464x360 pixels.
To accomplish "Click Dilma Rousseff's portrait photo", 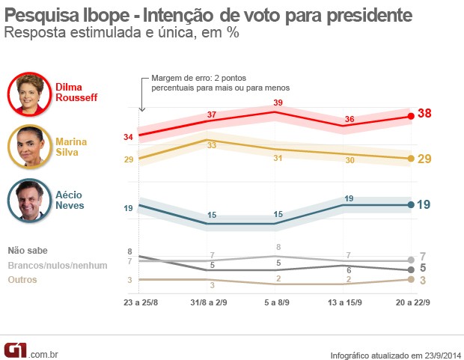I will (31, 95).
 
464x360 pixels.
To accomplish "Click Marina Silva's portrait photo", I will (31, 147).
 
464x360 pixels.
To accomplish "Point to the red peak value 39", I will (277, 102).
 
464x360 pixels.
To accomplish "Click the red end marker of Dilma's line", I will (411, 116).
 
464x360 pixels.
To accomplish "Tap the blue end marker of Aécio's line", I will (411, 204).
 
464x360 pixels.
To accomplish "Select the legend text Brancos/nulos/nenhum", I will (58, 265).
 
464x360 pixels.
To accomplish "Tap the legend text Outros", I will (22, 280).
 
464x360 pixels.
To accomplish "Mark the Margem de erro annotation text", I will (220, 82).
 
